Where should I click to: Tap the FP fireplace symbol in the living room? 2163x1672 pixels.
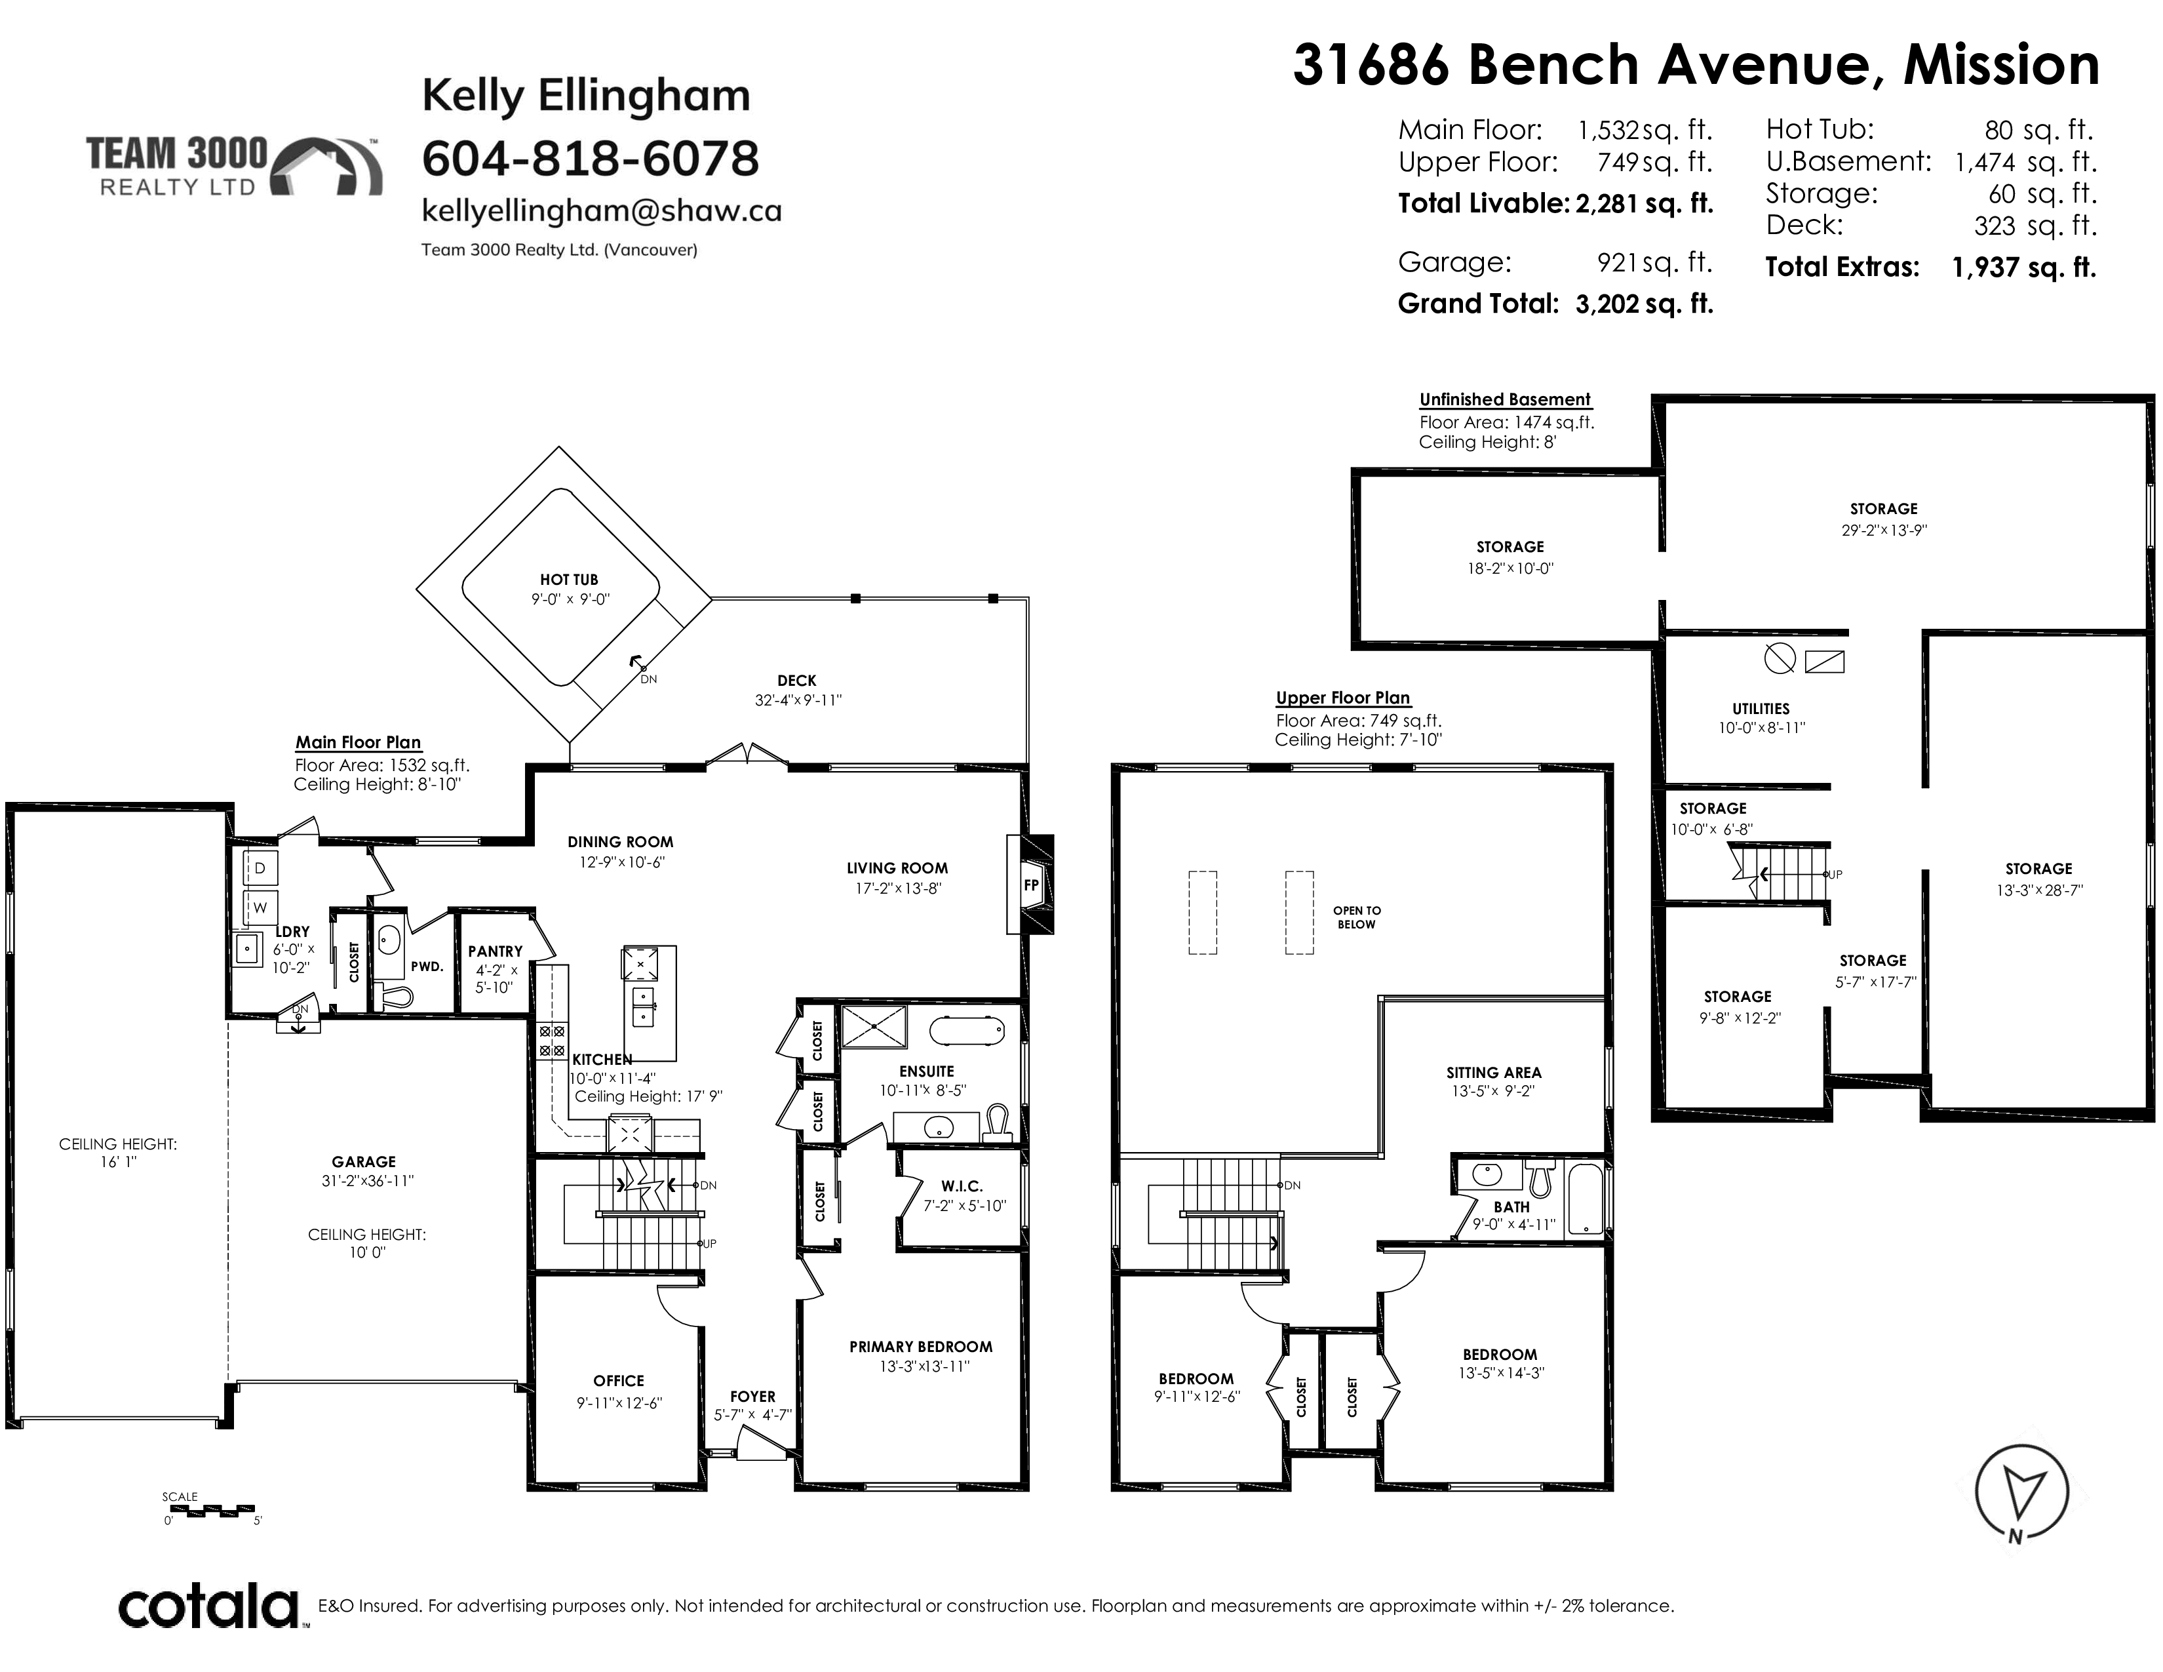[1030, 885]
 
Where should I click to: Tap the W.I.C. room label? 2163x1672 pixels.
[962, 1185]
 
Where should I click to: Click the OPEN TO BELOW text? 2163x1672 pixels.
[1357, 917]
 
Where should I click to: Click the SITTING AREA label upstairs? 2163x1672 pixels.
[1494, 1073]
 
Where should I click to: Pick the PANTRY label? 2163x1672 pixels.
[495, 951]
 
